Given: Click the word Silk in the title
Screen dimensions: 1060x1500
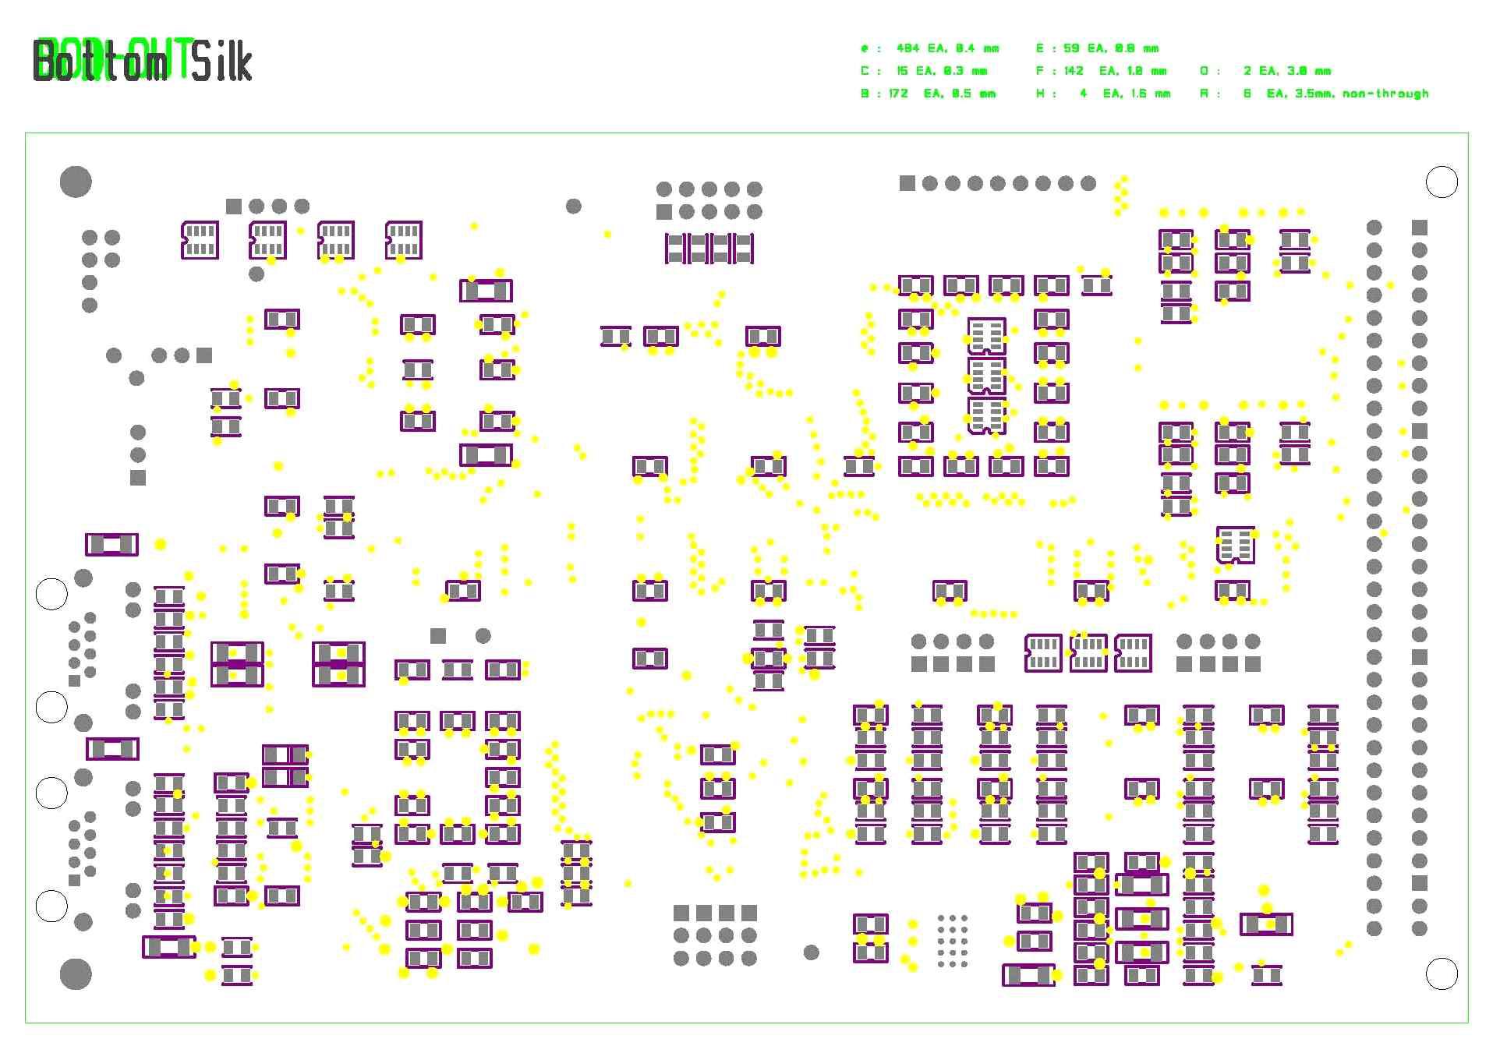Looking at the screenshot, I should click(222, 62).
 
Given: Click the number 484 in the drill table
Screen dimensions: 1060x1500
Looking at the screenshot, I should click(907, 48).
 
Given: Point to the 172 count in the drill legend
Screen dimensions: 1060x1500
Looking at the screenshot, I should click(898, 94).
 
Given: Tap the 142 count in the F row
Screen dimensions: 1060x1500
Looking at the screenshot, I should click(1074, 71).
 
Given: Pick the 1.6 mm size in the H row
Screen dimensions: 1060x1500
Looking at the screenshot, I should click(1148, 94).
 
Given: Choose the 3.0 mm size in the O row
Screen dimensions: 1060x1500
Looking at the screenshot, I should click(1309, 71).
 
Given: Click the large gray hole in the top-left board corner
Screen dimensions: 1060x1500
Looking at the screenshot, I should click(76, 182).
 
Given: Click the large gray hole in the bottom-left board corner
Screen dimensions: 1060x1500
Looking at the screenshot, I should click(76, 973).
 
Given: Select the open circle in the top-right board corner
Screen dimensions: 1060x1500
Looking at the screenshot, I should click(1441, 182).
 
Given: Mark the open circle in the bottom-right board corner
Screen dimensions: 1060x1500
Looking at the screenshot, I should click(1441, 973).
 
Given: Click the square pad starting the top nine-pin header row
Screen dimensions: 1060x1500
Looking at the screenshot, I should click(907, 183).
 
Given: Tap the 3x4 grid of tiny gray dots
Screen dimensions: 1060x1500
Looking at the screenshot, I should click(952, 941).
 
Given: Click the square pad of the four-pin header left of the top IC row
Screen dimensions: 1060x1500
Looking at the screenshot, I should click(233, 206).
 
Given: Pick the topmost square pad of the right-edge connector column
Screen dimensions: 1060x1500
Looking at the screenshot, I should click(1419, 227).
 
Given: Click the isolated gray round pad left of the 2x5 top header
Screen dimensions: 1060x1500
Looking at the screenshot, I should click(573, 206).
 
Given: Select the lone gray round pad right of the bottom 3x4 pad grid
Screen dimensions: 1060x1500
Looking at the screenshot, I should click(811, 952).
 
